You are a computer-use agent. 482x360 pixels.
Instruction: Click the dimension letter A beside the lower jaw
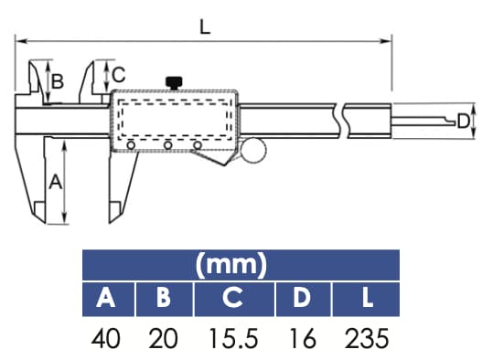(x=54, y=182)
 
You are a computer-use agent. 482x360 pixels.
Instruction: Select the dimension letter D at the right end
(x=464, y=122)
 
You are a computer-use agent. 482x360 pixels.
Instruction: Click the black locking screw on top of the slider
(x=173, y=83)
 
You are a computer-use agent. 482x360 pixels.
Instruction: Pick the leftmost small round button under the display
(x=133, y=146)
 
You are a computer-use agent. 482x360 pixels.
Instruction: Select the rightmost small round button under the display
(x=198, y=146)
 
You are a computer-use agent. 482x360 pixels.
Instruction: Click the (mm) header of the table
(x=241, y=266)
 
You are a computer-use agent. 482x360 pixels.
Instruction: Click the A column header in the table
(x=107, y=298)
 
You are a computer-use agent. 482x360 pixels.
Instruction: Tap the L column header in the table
(x=368, y=298)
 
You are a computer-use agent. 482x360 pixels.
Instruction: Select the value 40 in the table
(x=108, y=339)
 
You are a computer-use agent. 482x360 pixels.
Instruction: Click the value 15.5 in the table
(x=233, y=339)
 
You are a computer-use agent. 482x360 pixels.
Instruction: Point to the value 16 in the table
(x=302, y=339)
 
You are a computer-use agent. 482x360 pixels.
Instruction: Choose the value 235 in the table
(x=368, y=339)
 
